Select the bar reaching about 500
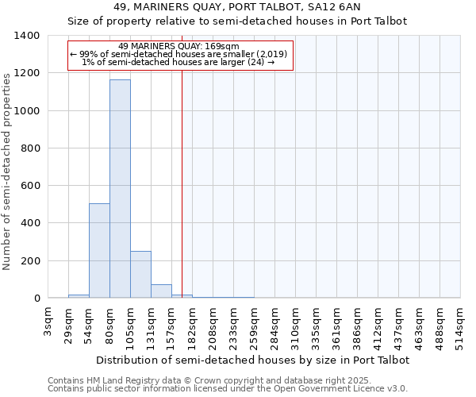click(99, 251)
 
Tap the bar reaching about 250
click(140, 275)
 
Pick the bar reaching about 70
click(161, 291)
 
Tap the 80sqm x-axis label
click(110, 321)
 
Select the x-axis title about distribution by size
click(253, 360)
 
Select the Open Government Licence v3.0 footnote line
click(228, 389)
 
